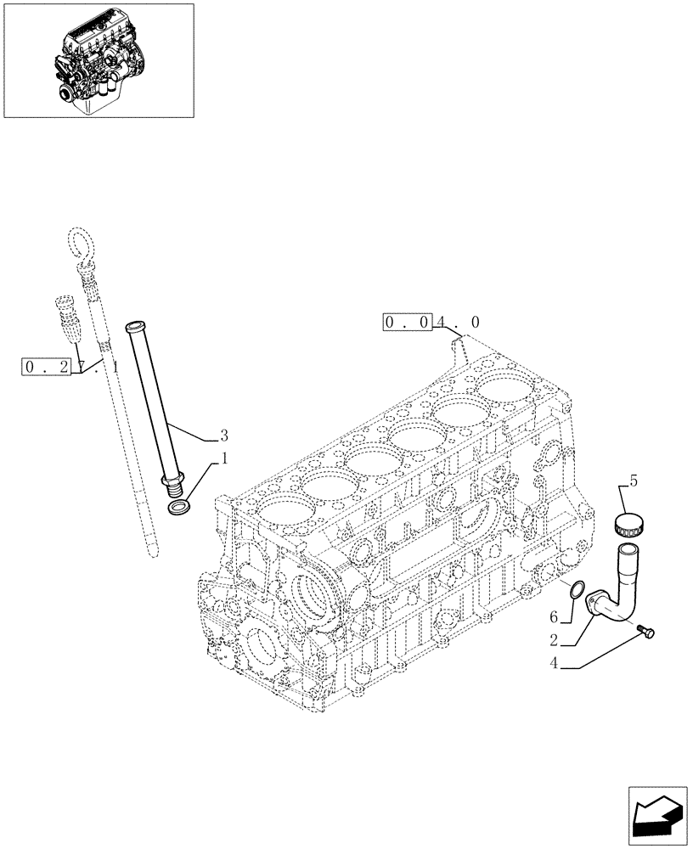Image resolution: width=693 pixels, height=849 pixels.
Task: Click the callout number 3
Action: [223, 436]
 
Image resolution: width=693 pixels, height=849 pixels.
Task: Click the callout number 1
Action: [223, 459]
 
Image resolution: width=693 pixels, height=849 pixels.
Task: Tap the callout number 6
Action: [554, 616]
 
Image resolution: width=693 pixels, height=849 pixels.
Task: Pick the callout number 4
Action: [554, 665]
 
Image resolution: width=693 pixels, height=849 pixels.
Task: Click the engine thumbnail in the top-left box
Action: [99, 59]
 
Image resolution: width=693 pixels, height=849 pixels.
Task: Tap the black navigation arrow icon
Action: [659, 817]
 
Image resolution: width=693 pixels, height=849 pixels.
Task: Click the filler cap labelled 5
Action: [631, 523]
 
